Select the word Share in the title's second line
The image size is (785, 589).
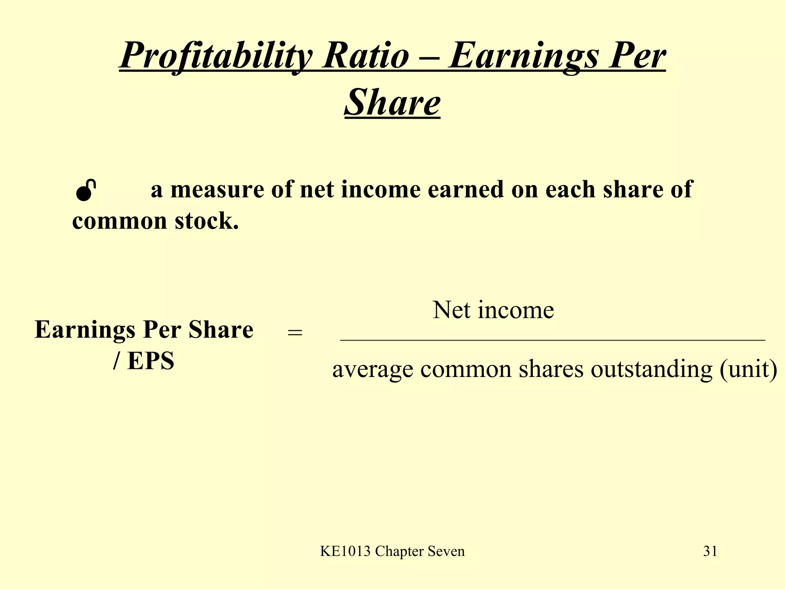click(392, 102)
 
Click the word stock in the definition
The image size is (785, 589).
click(207, 221)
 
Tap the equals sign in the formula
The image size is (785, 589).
click(295, 333)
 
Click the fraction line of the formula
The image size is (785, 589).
click(552, 340)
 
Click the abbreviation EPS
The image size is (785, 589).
click(151, 361)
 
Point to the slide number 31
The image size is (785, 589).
click(710, 551)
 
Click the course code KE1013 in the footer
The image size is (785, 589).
click(345, 551)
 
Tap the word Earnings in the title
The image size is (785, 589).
click(523, 56)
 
